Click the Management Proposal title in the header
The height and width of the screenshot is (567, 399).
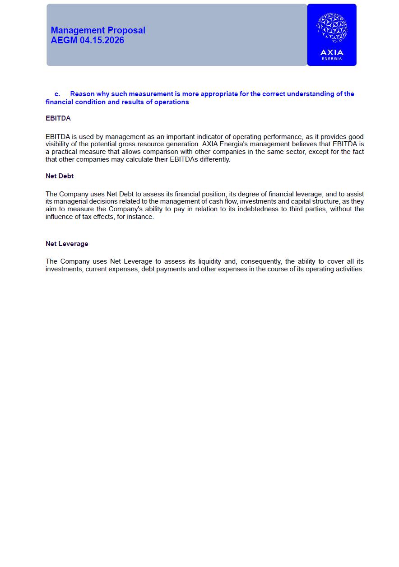click(x=98, y=30)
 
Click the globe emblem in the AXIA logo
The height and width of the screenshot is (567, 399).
click(x=332, y=28)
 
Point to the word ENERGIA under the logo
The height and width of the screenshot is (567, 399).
click(x=332, y=59)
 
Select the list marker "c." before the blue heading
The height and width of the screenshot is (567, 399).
click(x=57, y=94)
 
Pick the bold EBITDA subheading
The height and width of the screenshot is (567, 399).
click(x=58, y=118)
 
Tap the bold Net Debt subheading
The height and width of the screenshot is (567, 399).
click(x=60, y=176)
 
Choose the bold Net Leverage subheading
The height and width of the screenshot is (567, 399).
click(x=67, y=244)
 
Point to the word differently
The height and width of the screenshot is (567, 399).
click(x=215, y=159)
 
